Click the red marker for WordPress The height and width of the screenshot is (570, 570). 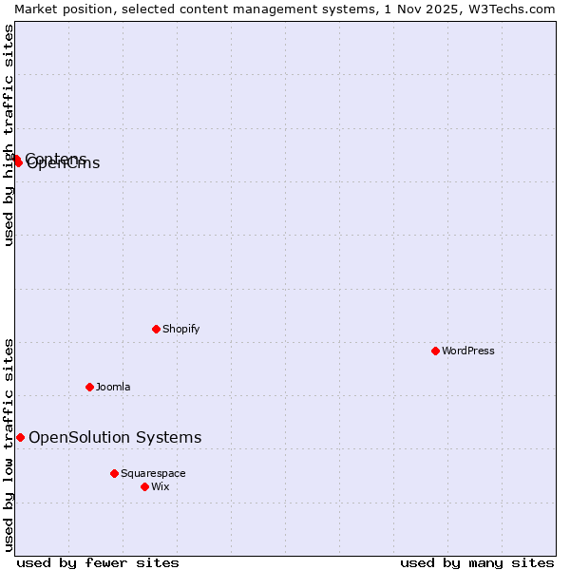(x=435, y=351)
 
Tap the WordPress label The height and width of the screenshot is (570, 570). (x=468, y=351)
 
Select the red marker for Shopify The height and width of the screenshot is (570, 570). (x=156, y=329)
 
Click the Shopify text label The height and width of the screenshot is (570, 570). (x=181, y=329)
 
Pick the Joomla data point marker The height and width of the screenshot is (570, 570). (x=89, y=387)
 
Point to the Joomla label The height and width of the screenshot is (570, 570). (x=113, y=387)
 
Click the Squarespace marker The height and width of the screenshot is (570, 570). (x=114, y=473)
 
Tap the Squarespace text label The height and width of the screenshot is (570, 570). (x=153, y=473)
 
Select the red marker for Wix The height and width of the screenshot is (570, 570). (x=144, y=486)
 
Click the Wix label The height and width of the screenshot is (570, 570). (x=161, y=486)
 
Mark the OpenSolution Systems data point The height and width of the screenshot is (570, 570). (x=20, y=437)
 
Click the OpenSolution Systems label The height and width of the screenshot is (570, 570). (x=115, y=437)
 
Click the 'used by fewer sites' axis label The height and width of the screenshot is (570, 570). (x=98, y=562)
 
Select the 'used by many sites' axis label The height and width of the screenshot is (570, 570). (x=477, y=562)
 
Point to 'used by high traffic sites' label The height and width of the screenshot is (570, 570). (x=9, y=136)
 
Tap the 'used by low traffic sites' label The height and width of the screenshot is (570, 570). (x=9, y=445)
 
